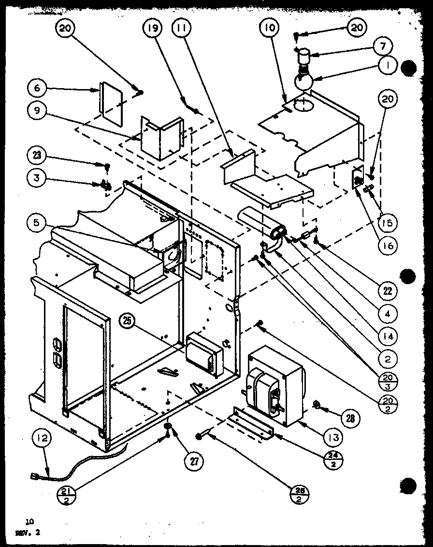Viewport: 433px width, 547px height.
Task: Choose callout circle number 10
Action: [269, 29]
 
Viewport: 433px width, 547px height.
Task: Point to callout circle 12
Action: [40, 441]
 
